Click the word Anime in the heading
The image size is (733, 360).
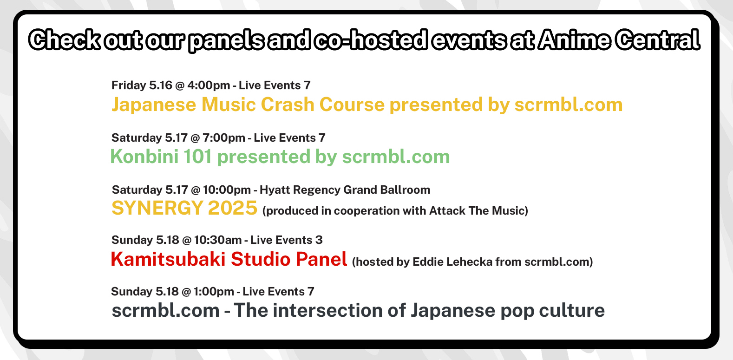[x=574, y=40]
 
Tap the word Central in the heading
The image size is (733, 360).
[x=657, y=40]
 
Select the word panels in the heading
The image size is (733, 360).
[x=226, y=41]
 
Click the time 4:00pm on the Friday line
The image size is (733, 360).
[x=209, y=85]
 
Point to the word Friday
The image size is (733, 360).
[x=129, y=85]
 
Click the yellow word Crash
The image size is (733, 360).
[x=288, y=105]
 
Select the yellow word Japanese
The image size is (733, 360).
[x=154, y=105]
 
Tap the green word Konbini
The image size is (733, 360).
[x=144, y=157]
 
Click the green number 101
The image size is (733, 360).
[x=197, y=157]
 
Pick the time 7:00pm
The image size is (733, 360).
[x=224, y=138]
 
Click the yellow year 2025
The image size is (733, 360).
[x=233, y=208]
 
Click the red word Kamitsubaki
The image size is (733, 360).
[x=168, y=259]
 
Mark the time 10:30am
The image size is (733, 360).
[x=217, y=240]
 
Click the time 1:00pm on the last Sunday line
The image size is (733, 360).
[x=214, y=292]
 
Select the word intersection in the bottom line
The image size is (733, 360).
[x=328, y=310]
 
